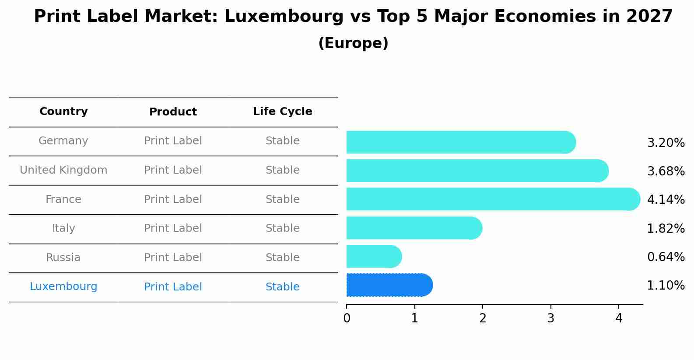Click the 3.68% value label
coord(666,171)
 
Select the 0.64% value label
coord(666,257)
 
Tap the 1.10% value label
coord(666,286)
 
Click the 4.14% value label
coord(666,199)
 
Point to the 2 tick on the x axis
coord(483,318)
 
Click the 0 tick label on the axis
coord(347,318)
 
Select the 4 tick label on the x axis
coord(619,318)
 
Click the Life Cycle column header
coord(282,112)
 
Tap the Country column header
coord(63,112)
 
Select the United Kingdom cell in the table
coord(63,170)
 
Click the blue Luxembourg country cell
coord(63,287)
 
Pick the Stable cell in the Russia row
coord(282,258)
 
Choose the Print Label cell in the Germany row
coord(173,141)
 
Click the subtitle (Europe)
coord(353,43)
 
